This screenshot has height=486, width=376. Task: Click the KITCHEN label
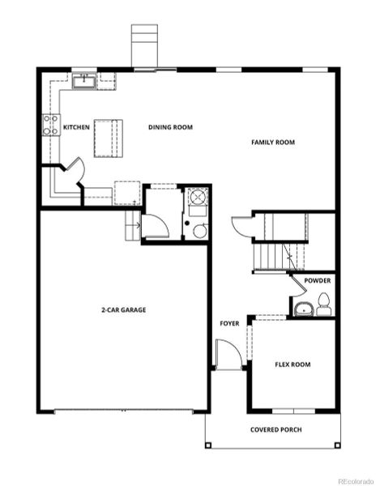(x=76, y=127)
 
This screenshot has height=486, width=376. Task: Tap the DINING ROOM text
(x=169, y=127)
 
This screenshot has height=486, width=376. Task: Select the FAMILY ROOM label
(x=272, y=143)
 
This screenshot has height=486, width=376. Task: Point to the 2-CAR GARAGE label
(x=124, y=309)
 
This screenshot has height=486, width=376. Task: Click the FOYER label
(x=229, y=323)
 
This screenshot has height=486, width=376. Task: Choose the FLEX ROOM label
(x=293, y=364)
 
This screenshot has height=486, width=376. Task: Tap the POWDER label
(x=317, y=280)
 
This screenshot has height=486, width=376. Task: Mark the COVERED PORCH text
(x=276, y=429)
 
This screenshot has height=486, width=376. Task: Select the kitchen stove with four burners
(x=50, y=125)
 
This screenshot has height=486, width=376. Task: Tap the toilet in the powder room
(x=323, y=305)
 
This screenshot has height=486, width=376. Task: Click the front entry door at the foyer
(x=229, y=355)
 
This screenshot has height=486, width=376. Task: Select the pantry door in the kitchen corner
(x=74, y=173)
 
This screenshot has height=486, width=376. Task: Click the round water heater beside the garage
(x=199, y=231)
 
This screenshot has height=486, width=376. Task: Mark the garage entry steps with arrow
(x=133, y=225)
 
